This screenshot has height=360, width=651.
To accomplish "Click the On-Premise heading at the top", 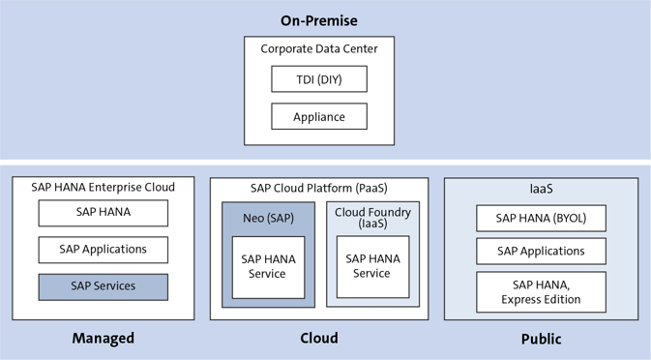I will click(x=318, y=20).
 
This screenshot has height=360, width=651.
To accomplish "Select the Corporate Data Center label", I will click(x=318, y=48).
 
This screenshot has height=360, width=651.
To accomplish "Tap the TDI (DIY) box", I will click(x=318, y=78).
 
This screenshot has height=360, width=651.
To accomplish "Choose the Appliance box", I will click(x=318, y=117).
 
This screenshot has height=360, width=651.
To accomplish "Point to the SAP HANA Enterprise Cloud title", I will click(x=103, y=188).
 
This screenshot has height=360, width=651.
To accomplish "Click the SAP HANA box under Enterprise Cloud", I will click(x=103, y=213).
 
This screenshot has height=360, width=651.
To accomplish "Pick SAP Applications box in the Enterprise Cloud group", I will click(x=103, y=250).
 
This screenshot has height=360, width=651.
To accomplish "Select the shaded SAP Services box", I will click(x=103, y=286).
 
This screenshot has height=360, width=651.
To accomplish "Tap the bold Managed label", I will click(x=103, y=338).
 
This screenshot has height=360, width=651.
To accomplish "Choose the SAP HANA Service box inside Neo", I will click(x=268, y=266).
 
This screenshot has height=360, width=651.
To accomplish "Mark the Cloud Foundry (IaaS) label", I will click(x=372, y=218).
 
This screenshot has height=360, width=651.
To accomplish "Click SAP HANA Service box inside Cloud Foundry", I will click(x=372, y=266).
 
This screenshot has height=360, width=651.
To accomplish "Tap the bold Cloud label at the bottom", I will click(x=318, y=338).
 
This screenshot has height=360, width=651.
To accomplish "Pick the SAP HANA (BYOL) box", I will click(x=541, y=218).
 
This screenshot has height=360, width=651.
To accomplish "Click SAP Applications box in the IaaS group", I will click(x=541, y=252).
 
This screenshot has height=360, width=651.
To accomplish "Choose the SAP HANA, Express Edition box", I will click(x=541, y=291).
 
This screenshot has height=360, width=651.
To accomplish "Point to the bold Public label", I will click(x=541, y=339).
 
